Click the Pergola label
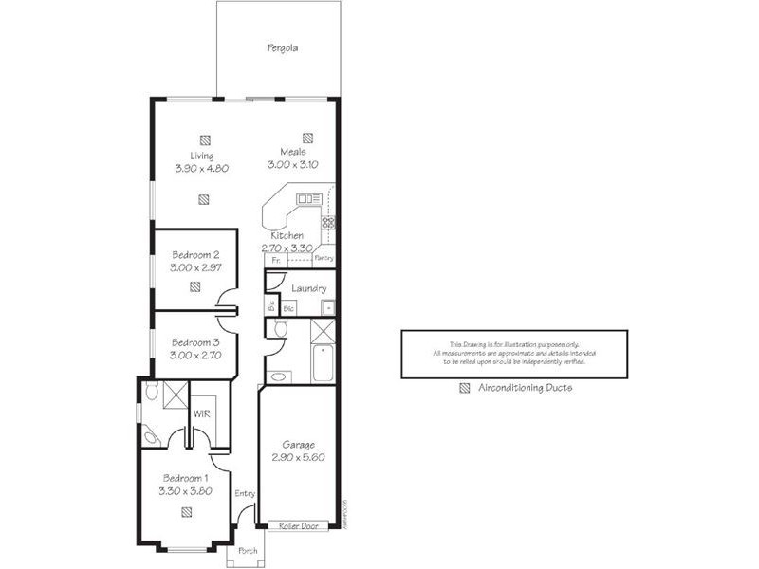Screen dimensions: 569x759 coord(282,46)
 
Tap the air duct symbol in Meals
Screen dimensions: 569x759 coord(307,137)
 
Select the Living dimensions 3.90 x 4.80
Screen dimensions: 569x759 coord(202,167)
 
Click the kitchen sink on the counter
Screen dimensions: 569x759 coord(307,198)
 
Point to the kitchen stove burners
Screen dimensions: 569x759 coord(328,223)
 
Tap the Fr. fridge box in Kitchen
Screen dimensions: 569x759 coord(275,259)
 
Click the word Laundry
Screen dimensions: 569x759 coord(309,288)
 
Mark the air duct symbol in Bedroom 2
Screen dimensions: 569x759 coord(194,285)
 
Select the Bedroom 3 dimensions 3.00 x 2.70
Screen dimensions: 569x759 coord(194,355)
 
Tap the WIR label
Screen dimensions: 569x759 coord(201,414)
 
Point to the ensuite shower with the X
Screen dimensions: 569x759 coord(176,395)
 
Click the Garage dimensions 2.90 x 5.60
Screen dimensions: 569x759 coord(298,456)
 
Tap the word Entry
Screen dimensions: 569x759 coord(245,493)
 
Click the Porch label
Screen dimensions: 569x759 coord(247,551)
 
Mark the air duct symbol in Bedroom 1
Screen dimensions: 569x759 coord(185,513)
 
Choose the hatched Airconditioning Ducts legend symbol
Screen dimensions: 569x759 coord(465,388)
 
